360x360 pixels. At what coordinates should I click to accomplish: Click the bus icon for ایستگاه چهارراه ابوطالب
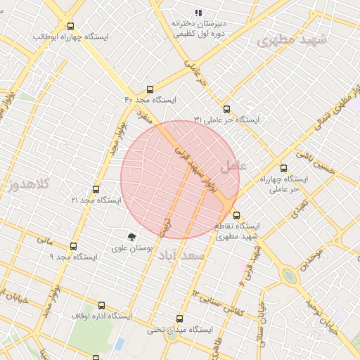click(70, 27)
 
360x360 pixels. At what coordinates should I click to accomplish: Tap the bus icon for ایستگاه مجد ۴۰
click(150, 90)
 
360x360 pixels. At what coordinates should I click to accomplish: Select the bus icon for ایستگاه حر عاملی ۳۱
click(226, 109)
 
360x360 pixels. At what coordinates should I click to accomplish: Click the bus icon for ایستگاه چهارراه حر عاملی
click(283, 168)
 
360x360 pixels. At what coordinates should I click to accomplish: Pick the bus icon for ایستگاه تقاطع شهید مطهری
click(236, 215)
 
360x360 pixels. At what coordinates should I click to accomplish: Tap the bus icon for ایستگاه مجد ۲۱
click(96, 190)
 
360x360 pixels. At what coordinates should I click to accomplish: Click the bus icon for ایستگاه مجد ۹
click(74, 246)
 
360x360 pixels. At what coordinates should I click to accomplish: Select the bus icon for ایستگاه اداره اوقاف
click(102, 305)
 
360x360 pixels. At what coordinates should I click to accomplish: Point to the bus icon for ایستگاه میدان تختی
click(179, 319)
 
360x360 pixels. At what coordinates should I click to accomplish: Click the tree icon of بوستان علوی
click(131, 237)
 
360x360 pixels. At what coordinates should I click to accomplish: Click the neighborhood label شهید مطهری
click(292, 40)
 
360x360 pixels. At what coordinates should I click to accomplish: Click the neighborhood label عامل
click(234, 167)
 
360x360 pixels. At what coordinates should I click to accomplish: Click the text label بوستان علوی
click(131, 249)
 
